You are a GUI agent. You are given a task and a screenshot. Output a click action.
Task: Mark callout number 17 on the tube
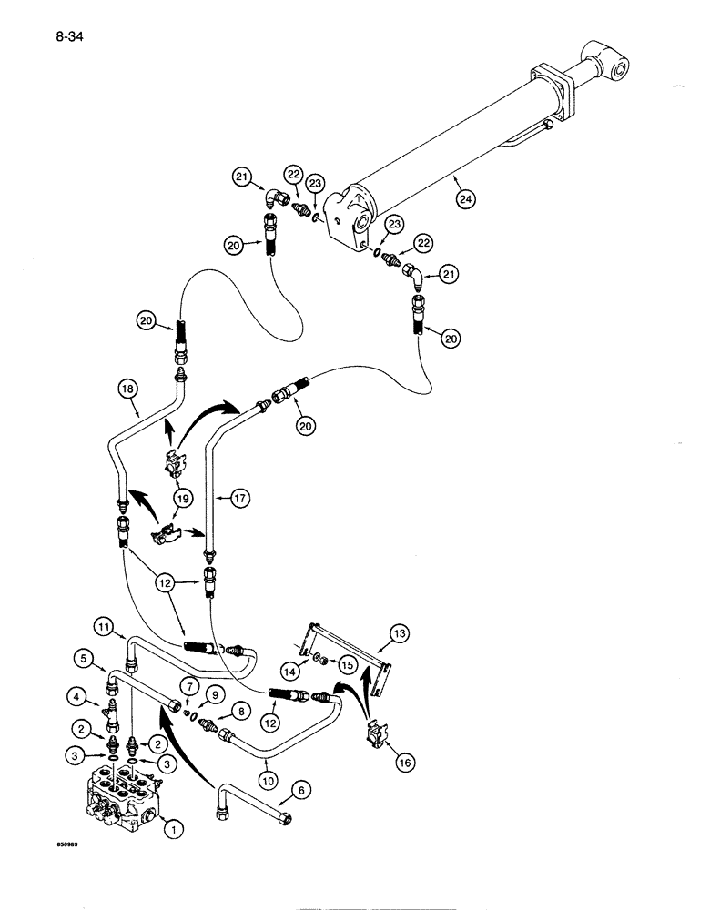pos(241,498)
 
